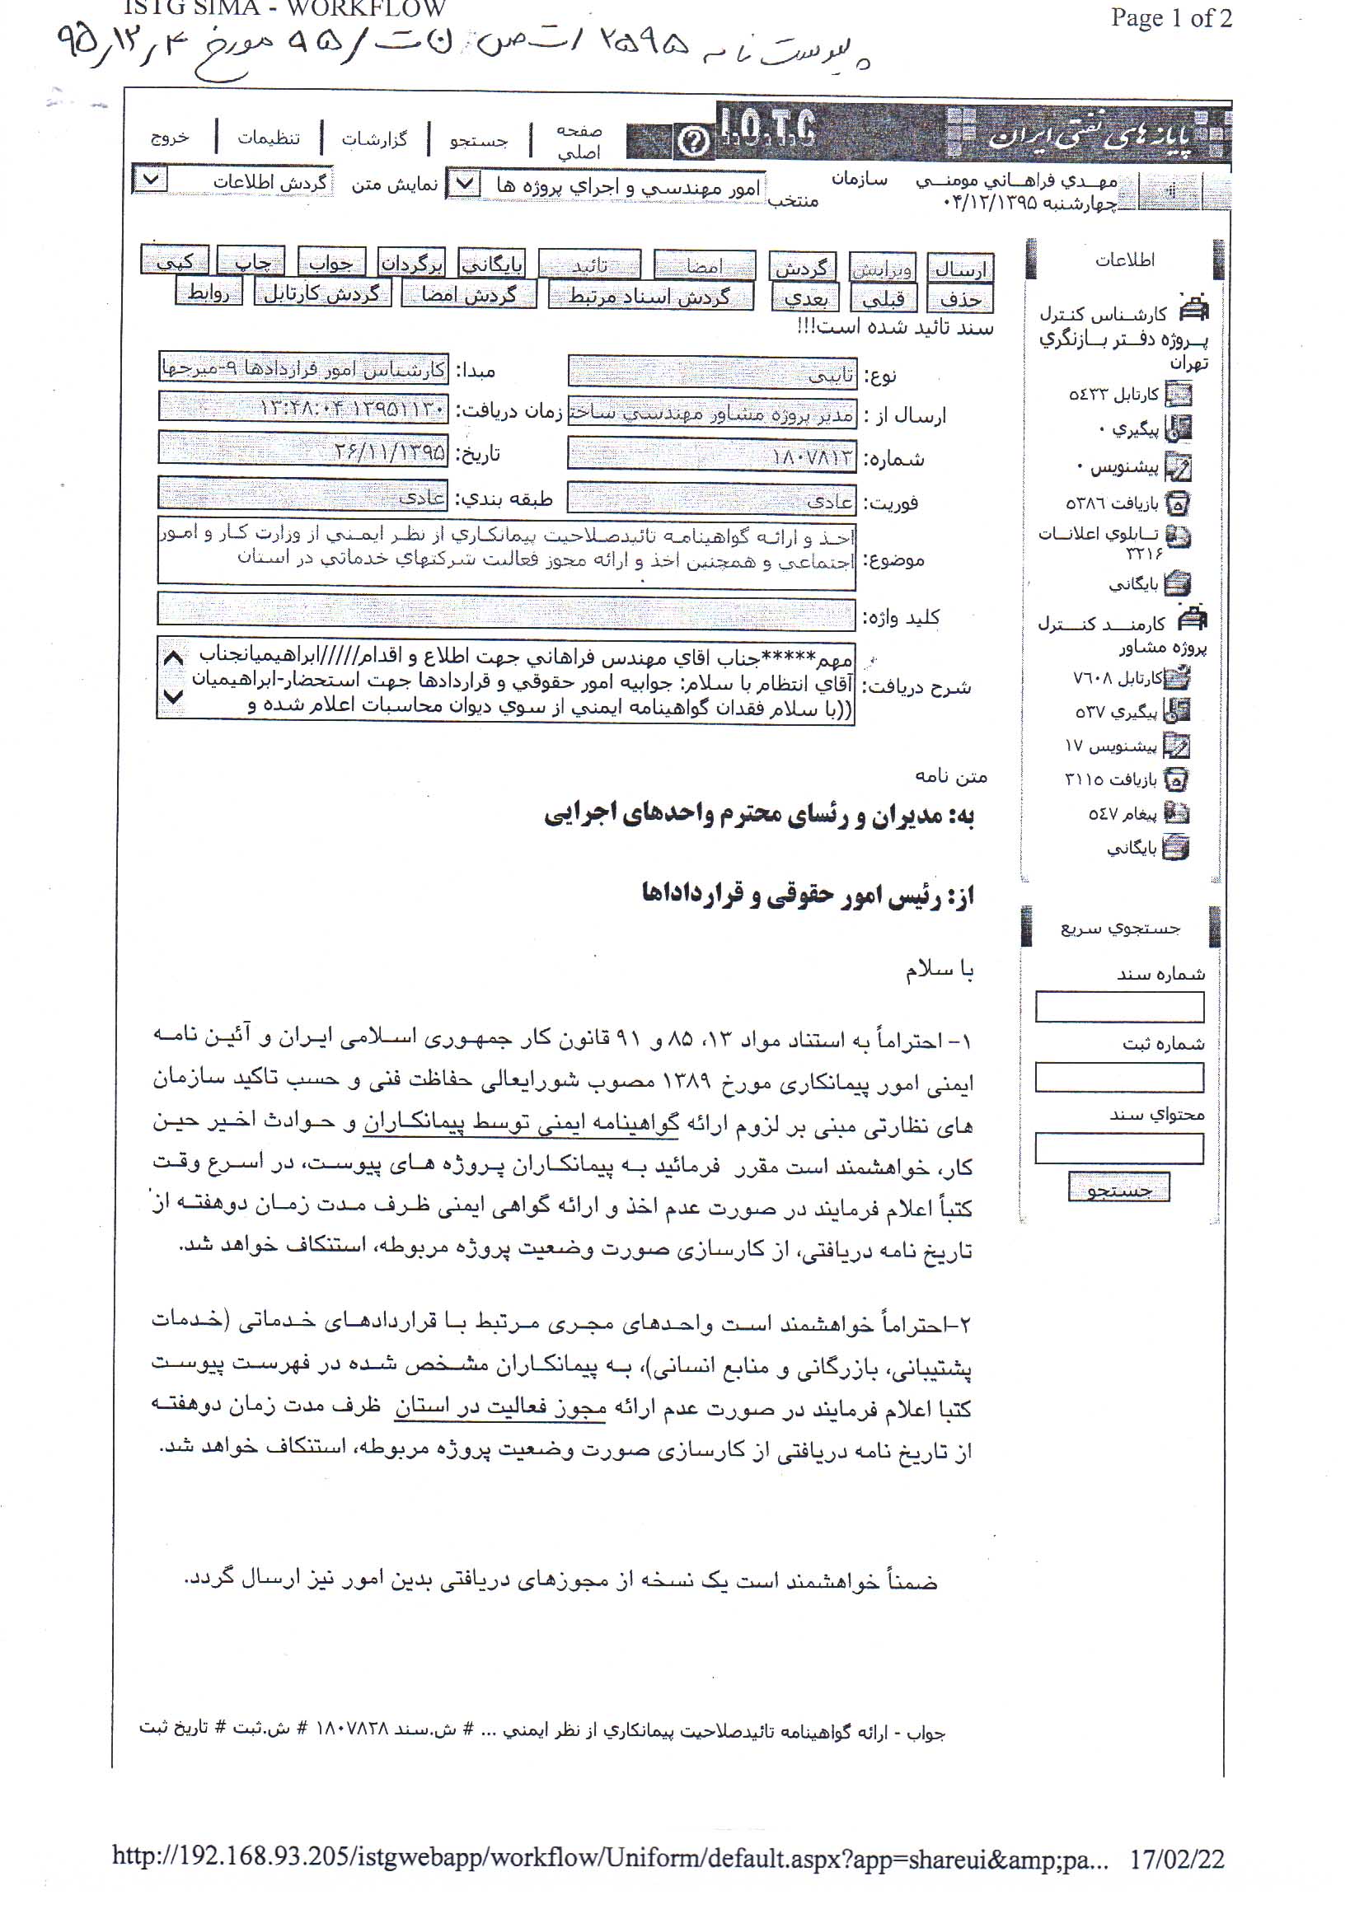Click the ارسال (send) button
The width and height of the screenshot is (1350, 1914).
point(960,269)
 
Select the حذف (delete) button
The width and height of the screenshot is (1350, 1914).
point(960,297)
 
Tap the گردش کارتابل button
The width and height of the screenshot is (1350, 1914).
point(322,292)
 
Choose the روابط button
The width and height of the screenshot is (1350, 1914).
point(209,292)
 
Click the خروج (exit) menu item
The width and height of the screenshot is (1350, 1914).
point(170,138)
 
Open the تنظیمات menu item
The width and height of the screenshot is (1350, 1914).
point(269,138)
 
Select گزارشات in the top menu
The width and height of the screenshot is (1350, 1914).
point(374,138)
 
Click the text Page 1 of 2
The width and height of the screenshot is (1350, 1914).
point(1170,18)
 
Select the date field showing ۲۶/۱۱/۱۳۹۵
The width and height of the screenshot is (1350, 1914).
point(303,452)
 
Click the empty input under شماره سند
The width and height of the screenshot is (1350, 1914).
point(1119,1007)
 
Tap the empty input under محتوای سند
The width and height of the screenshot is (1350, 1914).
point(1119,1148)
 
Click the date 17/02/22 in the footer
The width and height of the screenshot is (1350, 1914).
point(1177,1859)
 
